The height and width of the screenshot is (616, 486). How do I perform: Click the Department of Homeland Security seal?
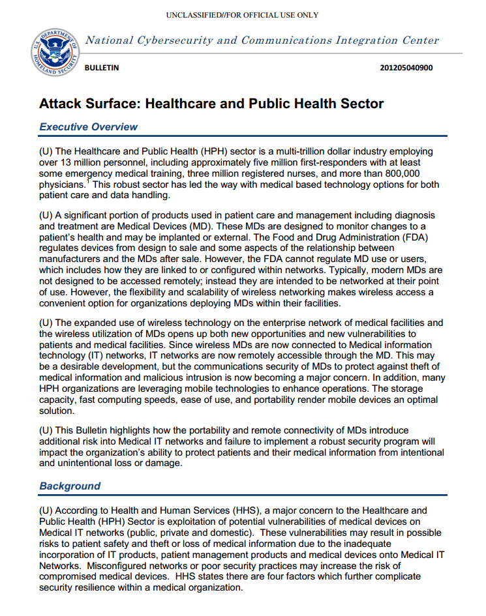tap(54, 50)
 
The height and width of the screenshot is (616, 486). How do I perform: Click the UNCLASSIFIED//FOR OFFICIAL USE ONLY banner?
tap(242, 14)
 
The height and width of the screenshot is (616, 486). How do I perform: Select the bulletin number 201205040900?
tap(406, 67)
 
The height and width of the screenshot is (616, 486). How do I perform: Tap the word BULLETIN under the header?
tap(102, 67)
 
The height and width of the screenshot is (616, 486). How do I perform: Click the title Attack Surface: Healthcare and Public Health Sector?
tap(211, 104)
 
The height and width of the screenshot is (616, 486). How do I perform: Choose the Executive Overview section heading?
tap(88, 126)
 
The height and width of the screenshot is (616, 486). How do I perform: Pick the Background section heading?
tap(70, 486)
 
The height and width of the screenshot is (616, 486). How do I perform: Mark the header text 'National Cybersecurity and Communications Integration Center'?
tap(262, 40)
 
